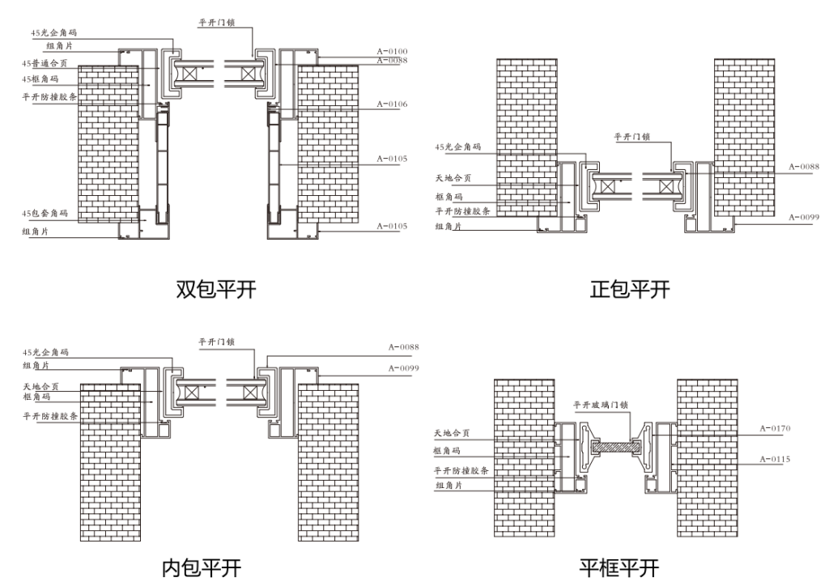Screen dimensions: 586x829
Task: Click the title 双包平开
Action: click(216, 289)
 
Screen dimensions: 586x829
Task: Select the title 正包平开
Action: click(630, 289)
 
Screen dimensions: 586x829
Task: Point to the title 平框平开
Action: click(619, 567)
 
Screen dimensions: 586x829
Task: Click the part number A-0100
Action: click(392, 52)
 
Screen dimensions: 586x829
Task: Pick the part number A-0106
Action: click(392, 104)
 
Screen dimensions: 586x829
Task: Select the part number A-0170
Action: click(775, 427)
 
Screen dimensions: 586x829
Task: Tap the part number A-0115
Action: click(775, 460)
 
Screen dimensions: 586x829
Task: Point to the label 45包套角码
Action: click(45, 214)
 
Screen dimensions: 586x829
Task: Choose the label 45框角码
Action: click(41, 79)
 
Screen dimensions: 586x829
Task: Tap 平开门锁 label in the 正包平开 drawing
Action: click(631, 138)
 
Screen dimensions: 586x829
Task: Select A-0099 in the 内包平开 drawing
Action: click(403, 368)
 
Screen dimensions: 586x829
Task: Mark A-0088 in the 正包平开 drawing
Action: click(804, 167)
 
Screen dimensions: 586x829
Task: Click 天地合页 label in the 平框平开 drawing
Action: click(452, 434)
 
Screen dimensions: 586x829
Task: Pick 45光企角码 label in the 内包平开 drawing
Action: click(45, 353)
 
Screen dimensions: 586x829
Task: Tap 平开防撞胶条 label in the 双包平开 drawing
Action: click(50, 96)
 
